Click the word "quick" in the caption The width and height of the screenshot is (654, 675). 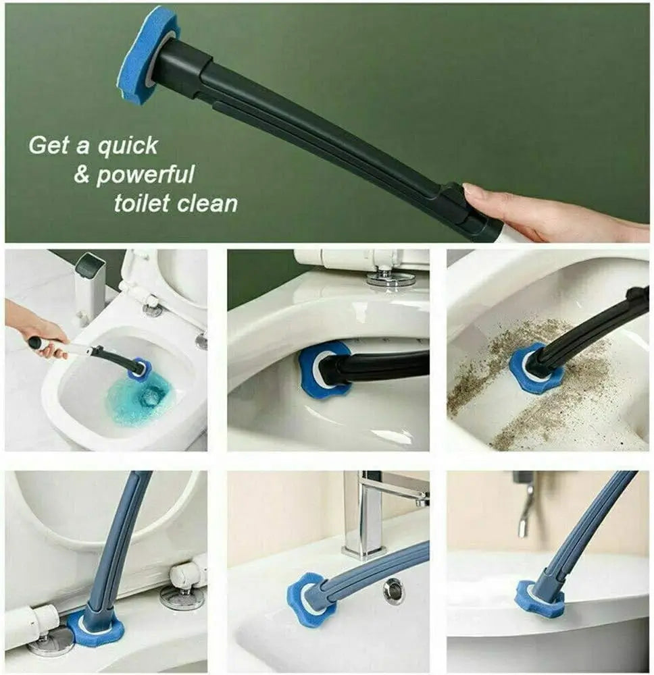[x=128, y=146]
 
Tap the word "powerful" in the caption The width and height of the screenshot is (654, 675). [x=145, y=175]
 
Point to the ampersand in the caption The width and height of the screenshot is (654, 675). [x=82, y=175]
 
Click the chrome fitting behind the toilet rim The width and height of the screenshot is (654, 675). [x=391, y=275]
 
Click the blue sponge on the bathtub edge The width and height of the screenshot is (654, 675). [x=540, y=598]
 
